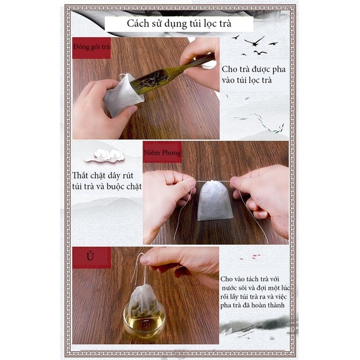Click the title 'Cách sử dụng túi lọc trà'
click(x=179, y=23)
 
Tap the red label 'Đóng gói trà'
click(x=92, y=48)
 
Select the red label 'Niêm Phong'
click(x=163, y=152)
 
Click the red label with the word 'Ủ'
click(x=92, y=257)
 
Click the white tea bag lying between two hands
click(x=215, y=200)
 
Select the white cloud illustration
click(x=104, y=155)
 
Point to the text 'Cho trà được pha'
click(x=254, y=69)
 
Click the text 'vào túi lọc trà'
click(x=247, y=80)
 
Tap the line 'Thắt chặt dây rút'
click(x=103, y=176)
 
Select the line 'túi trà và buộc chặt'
click(x=107, y=187)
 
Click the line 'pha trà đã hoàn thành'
click(x=253, y=305)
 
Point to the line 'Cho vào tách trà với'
click(x=250, y=279)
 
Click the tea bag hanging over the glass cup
click(x=144, y=299)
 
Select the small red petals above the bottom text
click(x=250, y=257)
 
